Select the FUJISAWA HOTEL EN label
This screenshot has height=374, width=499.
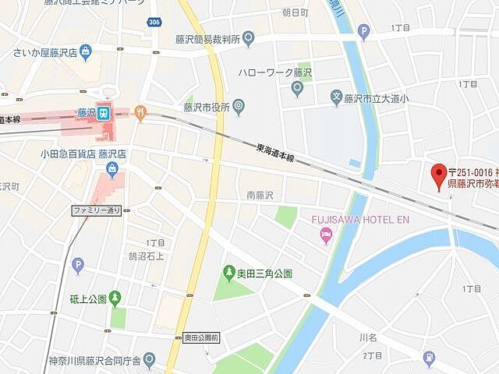pyautogui.click(x=359, y=220)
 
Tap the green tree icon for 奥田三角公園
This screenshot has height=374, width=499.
pyautogui.click(x=229, y=272)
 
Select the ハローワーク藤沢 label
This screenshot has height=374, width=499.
pyautogui.click(x=269, y=72)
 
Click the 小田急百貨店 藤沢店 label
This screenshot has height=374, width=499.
pyautogui.click(x=83, y=154)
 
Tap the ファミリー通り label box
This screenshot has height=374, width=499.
pyautogui.click(x=97, y=210)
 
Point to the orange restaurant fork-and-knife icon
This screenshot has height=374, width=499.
pyautogui.click(x=140, y=113)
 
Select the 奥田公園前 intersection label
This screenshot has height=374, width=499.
pyautogui.click(x=202, y=337)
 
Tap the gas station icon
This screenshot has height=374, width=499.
pyautogui.click(x=429, y=358)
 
